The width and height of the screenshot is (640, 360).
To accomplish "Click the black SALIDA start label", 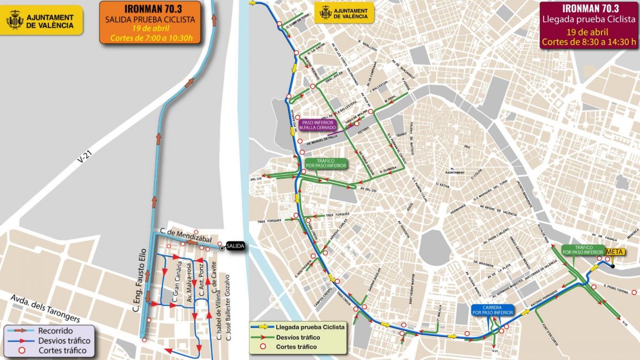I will pos(235,246).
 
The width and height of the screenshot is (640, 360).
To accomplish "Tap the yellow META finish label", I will pos(615,252).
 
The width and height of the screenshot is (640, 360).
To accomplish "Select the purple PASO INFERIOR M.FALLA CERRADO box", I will pos(317,125).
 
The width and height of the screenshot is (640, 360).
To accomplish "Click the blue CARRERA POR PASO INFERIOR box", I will pos(492,311).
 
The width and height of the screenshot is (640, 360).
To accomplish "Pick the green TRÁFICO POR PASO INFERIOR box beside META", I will pos(582,249).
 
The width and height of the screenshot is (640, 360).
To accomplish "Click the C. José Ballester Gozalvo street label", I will pos(228,307).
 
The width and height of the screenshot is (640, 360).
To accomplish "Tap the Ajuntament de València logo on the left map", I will pos(43,20).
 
